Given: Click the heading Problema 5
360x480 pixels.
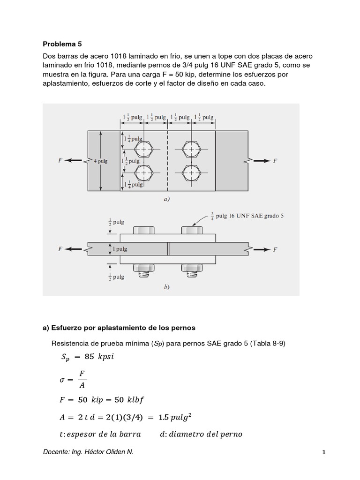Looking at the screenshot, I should tap(62, 44).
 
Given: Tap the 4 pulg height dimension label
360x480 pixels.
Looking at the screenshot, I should tap(100, 161).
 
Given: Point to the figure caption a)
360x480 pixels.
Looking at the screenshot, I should tap(166, 199).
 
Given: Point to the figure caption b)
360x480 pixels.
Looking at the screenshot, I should tap(166, 287).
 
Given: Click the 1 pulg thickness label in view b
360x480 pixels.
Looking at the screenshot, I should tap(122, 249).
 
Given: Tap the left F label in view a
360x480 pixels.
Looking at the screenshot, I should tap(60, 160).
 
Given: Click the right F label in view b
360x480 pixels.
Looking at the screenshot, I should tap(275, 249).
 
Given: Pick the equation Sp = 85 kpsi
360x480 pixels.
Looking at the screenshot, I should tap(88, 357).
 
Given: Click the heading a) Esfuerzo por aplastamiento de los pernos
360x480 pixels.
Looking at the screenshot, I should tap(119, 327).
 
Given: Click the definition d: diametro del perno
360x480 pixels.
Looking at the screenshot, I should tap(201, 434).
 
